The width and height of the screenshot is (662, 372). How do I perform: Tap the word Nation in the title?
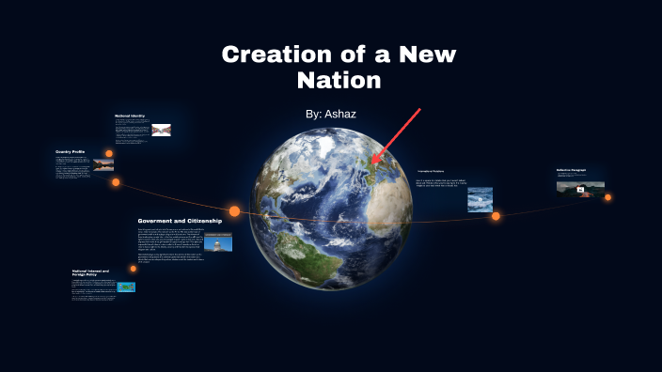click(x=339, y=81)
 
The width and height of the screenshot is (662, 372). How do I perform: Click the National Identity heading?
click(x=130, y=116)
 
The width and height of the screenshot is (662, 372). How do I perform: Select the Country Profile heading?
click(x=71, y=151)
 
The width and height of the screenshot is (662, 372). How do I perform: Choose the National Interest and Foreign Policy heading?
click(x=90, y=273)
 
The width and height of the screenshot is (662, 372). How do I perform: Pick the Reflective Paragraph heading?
click(x=571, y=170)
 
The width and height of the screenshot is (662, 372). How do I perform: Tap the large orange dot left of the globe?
click(x=235, y=211)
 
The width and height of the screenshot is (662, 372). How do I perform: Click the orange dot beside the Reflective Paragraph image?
click(x=607, y=197)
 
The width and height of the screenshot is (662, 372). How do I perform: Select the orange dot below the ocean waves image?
click(x=496, y=216)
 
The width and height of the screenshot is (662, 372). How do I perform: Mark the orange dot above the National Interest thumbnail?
click(x=133, y=269)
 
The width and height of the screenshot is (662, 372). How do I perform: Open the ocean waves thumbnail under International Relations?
click(x=481, y=199)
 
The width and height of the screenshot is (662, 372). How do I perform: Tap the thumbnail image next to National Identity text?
click(x=161, y=131)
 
